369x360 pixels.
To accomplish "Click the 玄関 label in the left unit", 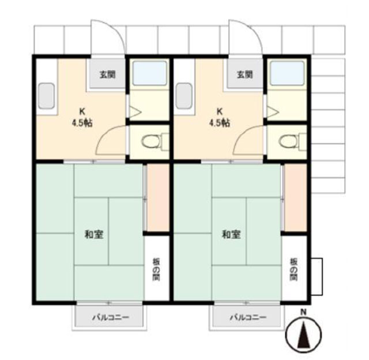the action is pos(108,74).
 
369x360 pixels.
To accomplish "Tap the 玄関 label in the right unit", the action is pos(244,74).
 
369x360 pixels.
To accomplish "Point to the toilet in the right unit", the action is pos(292,141).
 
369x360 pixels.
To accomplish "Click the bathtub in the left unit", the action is pos(150,73).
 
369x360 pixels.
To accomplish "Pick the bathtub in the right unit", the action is pos(287,73).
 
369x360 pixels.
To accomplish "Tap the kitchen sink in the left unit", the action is pos(46,96).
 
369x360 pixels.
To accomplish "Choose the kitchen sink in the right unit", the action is pos(184,96).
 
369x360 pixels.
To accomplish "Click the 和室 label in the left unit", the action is pos(94,234).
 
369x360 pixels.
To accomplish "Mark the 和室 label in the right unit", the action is pos(231,234).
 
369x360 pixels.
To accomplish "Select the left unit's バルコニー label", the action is pos(110,317).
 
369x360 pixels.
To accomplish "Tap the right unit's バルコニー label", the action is pos(248,317).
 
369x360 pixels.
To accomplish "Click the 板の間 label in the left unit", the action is pos(156,269).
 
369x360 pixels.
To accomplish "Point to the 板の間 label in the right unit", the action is pos(293,269).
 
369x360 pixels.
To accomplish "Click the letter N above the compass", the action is pos(303,313).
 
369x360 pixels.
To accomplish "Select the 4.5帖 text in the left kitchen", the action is pos(82,123).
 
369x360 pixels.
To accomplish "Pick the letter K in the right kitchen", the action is pos(219,111).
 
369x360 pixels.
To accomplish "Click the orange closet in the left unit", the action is pos(158,197).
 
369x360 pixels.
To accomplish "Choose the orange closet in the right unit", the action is pos(296,197).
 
